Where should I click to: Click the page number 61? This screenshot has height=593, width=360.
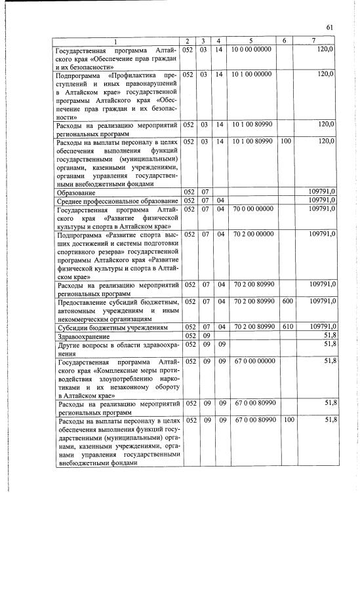pyautogui.click(x=330, y=27)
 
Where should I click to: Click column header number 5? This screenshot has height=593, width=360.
pyautogui.click(x=250, y=41)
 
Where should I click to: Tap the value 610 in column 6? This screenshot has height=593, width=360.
pyautogui.click(x=286, y=326)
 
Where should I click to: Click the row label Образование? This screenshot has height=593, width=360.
pyautogui.click(x=76, y=193)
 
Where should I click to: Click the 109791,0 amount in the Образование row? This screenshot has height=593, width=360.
pyautogui.click(x=322, y=192)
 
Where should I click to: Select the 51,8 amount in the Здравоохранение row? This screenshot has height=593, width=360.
pyautogui.click(x=329, y=335)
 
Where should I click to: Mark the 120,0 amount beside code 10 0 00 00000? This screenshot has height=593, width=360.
pyautogui.click(x=325, y=49)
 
